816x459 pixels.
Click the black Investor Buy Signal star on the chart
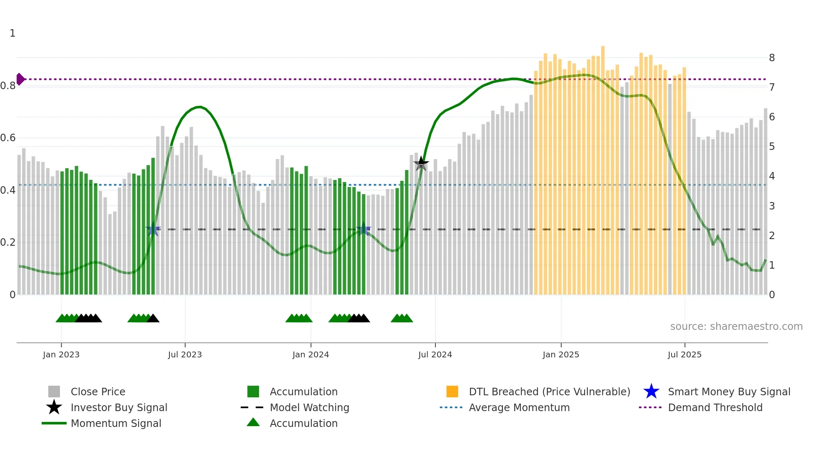click(421, 163)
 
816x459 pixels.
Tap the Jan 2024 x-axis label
click(311, 354)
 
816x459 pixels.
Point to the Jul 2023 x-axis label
click(185, 354)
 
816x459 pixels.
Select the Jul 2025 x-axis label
click(684, 354)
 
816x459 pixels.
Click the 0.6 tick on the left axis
click(8, 138)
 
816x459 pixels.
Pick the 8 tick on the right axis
click(772, 58)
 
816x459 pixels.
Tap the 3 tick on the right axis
click(772, 206)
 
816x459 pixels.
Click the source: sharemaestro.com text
click(736, 327)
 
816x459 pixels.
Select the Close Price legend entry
click(98, 392)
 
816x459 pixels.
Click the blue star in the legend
click(651, 392)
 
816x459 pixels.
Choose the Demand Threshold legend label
click(715, 407)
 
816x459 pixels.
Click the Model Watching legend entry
click(309, 407)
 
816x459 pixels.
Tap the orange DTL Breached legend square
click(452, 392)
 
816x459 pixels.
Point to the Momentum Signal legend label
click(116, 423)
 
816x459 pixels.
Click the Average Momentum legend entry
click(519, 407)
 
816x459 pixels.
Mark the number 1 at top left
click(12, 33)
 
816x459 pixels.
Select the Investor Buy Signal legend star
click(54, 407)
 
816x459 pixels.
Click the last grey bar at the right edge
click(765, 200)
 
